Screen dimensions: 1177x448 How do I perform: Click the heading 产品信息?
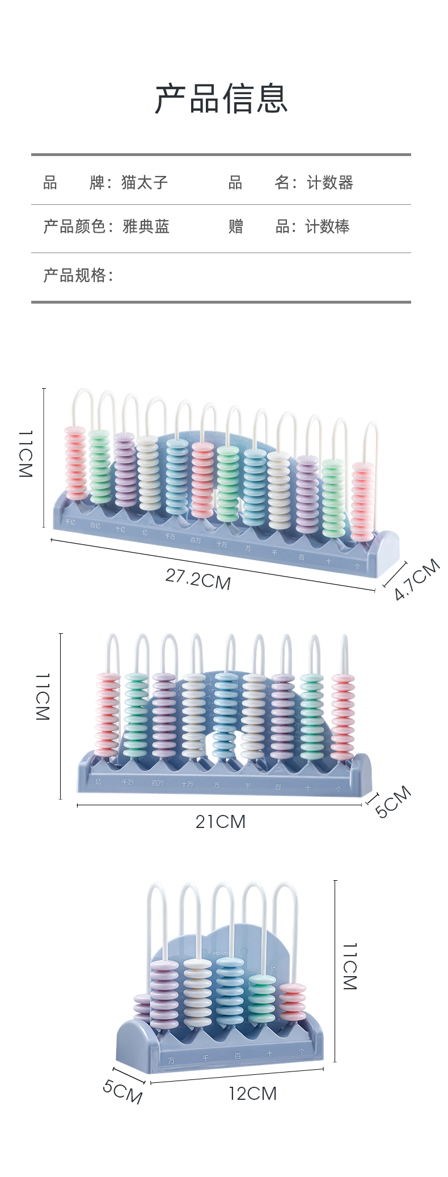[222, 98]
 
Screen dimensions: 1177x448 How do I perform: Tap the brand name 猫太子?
[145, 182]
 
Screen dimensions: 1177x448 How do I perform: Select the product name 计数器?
[330, 182]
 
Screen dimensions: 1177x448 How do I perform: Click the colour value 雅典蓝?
[146, 226]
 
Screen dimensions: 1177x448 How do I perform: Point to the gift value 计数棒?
[327, 226]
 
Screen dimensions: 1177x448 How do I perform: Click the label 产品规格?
[78, 275]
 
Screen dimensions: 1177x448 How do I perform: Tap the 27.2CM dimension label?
[198, 579]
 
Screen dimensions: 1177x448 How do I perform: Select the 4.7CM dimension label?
[417, 579]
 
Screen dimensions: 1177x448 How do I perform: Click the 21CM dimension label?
[221, 821]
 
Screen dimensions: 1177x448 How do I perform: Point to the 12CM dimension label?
[253, 1093]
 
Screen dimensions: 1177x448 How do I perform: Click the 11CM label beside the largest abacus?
[26, 454]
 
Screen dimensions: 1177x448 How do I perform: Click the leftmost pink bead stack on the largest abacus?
[75, 463]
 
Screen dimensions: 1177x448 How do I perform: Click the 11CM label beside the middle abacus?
[43, 697]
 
